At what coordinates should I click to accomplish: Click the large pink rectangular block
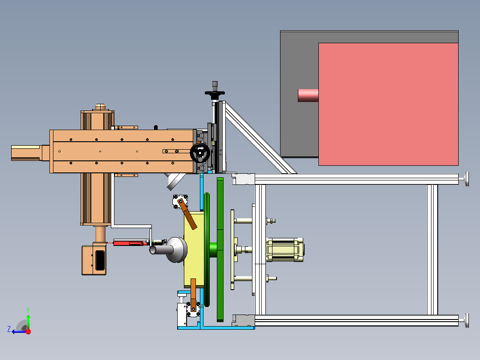(388, 104)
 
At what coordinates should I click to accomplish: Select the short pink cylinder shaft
(308, 95)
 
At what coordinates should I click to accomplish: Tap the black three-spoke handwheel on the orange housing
(200, 152)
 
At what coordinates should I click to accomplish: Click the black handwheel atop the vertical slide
(215, 92)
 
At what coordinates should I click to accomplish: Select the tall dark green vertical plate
(220, 250)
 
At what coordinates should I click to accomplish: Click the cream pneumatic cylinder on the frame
(285, 250)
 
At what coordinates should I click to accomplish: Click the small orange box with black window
(94, 260)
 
